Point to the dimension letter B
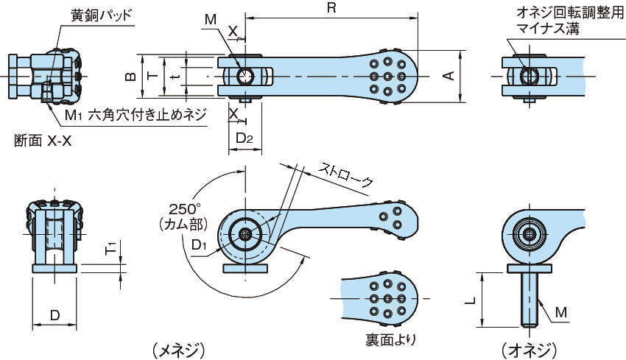click(128, 76)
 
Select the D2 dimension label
click(245, 138)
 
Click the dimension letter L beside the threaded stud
click(470, 300)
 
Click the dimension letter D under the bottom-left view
click(54, 314)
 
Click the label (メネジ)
click(177, 349)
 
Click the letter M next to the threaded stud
click(561, 312)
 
